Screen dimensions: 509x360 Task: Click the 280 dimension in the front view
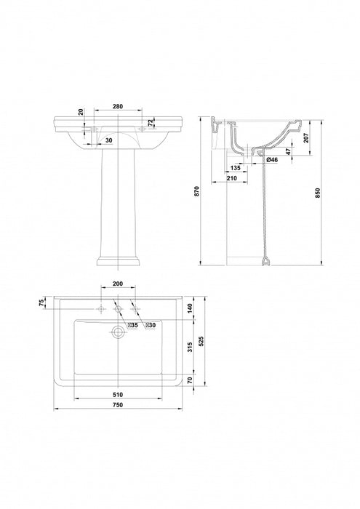117,106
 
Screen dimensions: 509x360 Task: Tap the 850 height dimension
316,191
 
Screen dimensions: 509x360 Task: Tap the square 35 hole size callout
133,325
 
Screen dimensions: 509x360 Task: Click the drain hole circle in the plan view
117,332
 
